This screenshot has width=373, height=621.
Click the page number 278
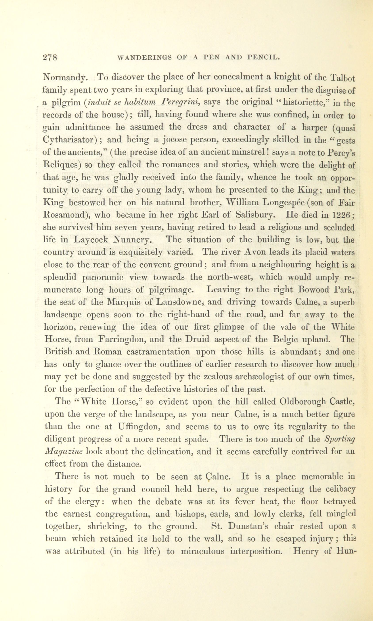[50, 57]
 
